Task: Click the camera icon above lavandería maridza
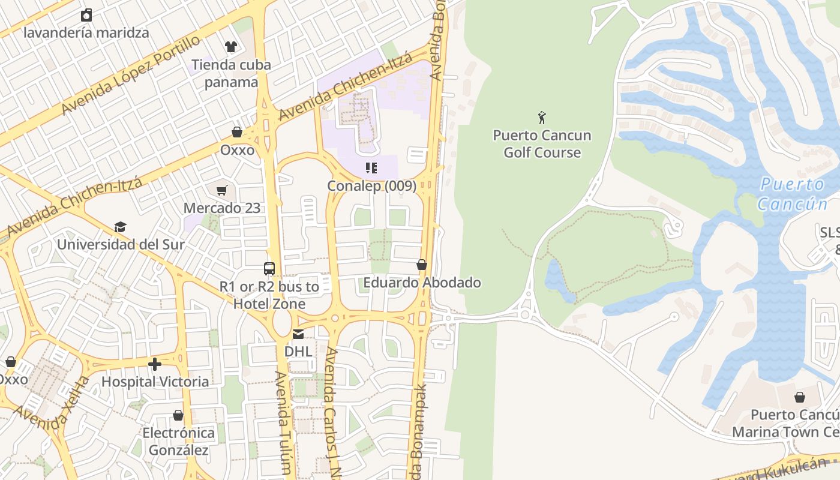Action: pyautogui.click(x=86, y=15)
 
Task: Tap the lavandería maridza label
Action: pyautogui.click(x=86, y=32)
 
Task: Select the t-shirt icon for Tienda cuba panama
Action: pyautogui.click(x=230, y=47)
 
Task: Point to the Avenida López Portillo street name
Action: pyautogui.click(x=130, y=76)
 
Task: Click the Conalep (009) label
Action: pyautogui.click(x=371, y=186)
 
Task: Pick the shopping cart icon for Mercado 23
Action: pyautogui.click(x=222, y=191)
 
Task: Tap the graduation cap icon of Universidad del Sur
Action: pyautogui.click(x=121, y=227)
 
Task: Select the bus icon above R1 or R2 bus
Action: pyautogui.click(x=269, y=269)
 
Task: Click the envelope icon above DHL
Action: pyautogui.click(x=298, y=334)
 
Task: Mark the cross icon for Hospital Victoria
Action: pyautogui.click(x=155, y=364)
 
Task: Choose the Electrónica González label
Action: pyautogui.click(x=178, y=441)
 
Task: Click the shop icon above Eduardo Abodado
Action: pyautogui.click(x=422, y=265)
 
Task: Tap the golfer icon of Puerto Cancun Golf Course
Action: pyautogui.click(x=542, y=118)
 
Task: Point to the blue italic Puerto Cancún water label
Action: pyautogui.click(x=792, y=194)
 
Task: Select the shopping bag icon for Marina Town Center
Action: pyautogui.click(x=799, y=397)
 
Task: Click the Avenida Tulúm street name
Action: pyautogui.click(x=283, y=423)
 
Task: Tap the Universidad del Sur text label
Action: pyautogui.click(x=121, y=245)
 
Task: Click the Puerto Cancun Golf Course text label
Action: pyautogui.click(x=542, y=144)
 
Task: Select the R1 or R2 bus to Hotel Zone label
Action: pyautogui.click(x=269, y=295)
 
